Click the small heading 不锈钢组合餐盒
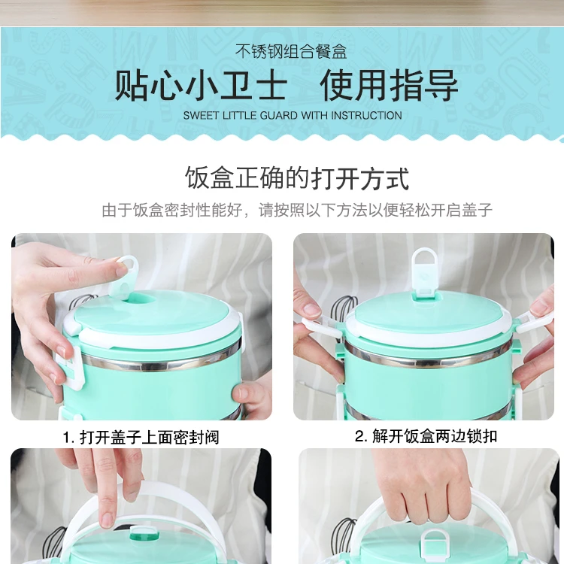(x=291, y=52)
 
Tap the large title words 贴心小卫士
(x=201, y=86)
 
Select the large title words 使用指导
(x=390, y=86)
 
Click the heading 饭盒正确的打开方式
(x=297, y=178)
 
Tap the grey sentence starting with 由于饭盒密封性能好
(x=297, y=210)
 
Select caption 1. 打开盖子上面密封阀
(x=141, y=438)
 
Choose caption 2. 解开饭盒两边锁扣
(x=426, y=436)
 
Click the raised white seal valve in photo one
(x=125, y=277)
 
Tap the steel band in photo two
(x=427, y=357)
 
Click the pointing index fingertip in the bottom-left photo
(x=108, y=518)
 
